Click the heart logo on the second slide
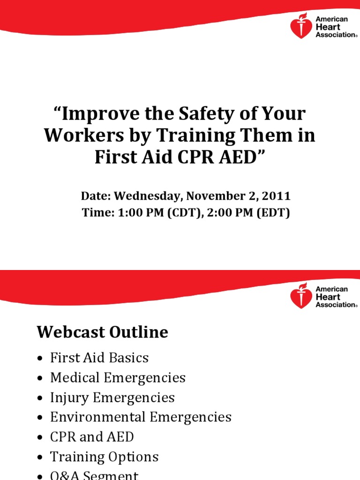[x=301, y=296]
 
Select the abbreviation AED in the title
[x=239, y=157]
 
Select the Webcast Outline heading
[x=102, y=332]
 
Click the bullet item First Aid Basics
[x=99, y=358]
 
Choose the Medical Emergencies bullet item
[x=118, y=378]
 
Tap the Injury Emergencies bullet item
[x=112, y=397]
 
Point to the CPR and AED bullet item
[x=92, y=437]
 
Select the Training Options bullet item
[x=104, y=457]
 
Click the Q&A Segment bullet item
[x=94, y=475]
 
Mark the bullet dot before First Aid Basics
[x=40, y=359]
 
